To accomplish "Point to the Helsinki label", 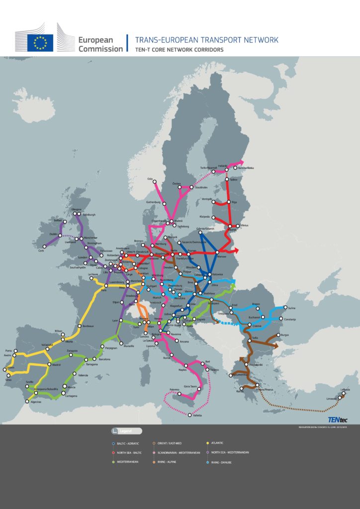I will coord(222,165).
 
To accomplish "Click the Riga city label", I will coord(234,202).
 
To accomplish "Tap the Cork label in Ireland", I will coord(41,251).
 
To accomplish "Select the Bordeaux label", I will coord(88,326).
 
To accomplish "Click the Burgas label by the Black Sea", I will coord(284,335).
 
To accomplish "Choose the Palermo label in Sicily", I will coord(174,389).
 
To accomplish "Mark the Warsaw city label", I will coord(229,257).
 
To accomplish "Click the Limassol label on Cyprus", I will coord(333,399).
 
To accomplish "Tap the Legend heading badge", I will coord(127,431).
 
